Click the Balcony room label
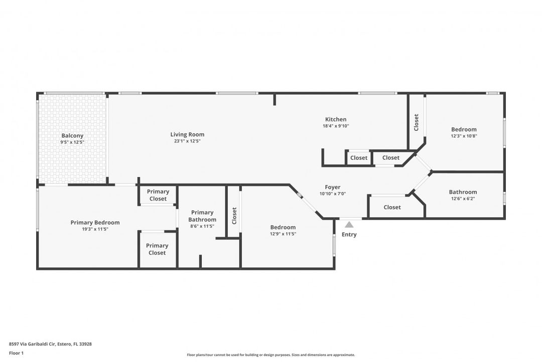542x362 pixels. pos(72,136)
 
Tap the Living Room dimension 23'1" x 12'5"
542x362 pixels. pos(187,141)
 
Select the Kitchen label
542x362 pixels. pos(336,120)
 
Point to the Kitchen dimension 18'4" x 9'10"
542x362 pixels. pos(336,126)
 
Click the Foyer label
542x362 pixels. pos(333,188)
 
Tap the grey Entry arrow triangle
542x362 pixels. pos(349,225)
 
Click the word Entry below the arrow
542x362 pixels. pos(349,235)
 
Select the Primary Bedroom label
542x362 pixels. pos(95,223)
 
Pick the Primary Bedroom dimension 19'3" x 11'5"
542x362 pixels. pos(95,229)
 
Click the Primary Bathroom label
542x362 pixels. pos(202,216)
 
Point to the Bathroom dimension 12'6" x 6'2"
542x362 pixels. pos(463,199)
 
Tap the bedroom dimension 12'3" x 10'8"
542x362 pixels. pos(464,136)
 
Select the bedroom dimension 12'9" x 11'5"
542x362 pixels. pos(283,234)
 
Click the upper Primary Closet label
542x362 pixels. pos(158,195)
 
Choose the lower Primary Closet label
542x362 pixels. pos(157,249)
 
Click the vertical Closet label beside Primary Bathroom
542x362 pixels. pos(234,216)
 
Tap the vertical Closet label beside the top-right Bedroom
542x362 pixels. pos(416,122)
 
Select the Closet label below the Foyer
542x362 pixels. pos(392,207)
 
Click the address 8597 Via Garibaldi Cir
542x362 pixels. pos(50,344)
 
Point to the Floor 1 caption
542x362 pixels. pos(16,353)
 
